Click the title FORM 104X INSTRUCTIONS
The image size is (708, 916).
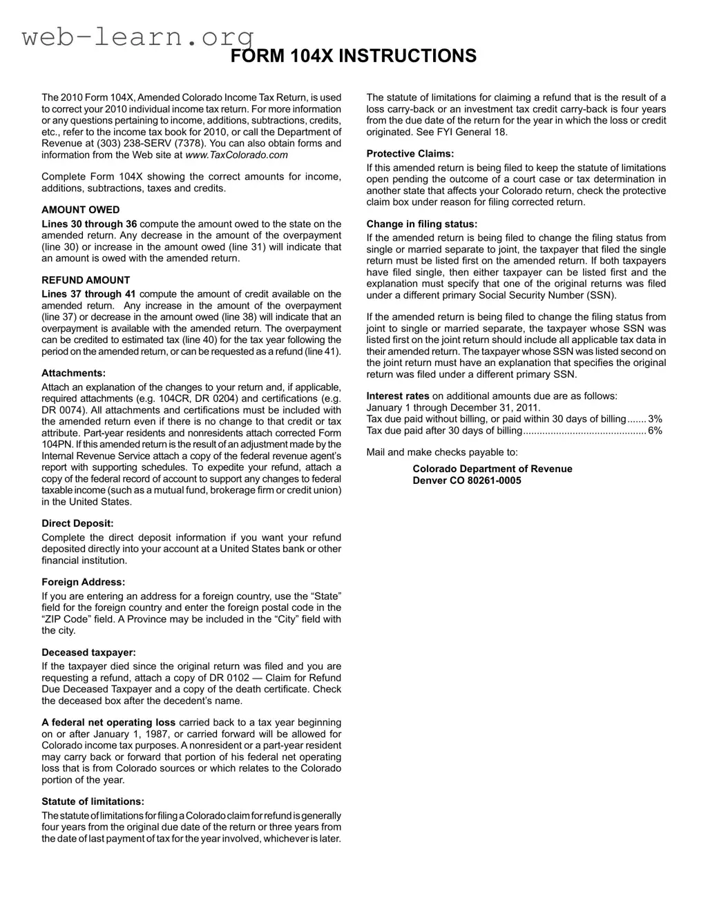click(353, 57)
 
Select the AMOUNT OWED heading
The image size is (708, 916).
click(80, 210)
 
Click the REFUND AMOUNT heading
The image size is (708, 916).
click(86, 280)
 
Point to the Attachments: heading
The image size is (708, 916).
click(73, 373)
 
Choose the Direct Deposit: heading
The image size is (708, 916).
click(77, 524)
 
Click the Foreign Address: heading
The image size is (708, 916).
click(83, 582)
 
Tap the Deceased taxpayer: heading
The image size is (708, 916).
click(88, 652)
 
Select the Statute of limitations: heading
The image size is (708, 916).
click(93, 801)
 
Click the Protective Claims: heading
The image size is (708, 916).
click(410, 154)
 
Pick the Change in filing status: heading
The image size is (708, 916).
click(421, 224)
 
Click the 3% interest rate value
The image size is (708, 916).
click(655, 419)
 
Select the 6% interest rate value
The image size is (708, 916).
click(655, 431)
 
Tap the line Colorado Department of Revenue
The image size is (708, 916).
click(492, 469)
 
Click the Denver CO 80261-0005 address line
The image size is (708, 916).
click(467, 480)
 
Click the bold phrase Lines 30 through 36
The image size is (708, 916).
click(89, 224)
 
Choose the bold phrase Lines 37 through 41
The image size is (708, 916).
click(88, 294)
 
